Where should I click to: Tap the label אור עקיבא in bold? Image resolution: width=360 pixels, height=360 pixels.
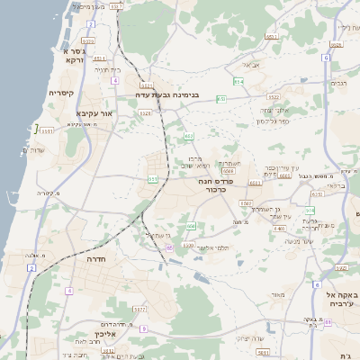(93, 113)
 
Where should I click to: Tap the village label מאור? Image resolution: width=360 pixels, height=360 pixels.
(278, 296)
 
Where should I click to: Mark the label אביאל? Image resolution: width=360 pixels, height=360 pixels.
(251, 65)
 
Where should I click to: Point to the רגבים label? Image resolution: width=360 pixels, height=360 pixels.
(339, 84)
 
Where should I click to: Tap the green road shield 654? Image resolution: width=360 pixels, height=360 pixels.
(238, 82)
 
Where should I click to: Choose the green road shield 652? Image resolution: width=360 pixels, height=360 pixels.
(189, 136)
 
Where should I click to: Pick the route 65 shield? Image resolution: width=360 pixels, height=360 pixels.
(169, 247)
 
